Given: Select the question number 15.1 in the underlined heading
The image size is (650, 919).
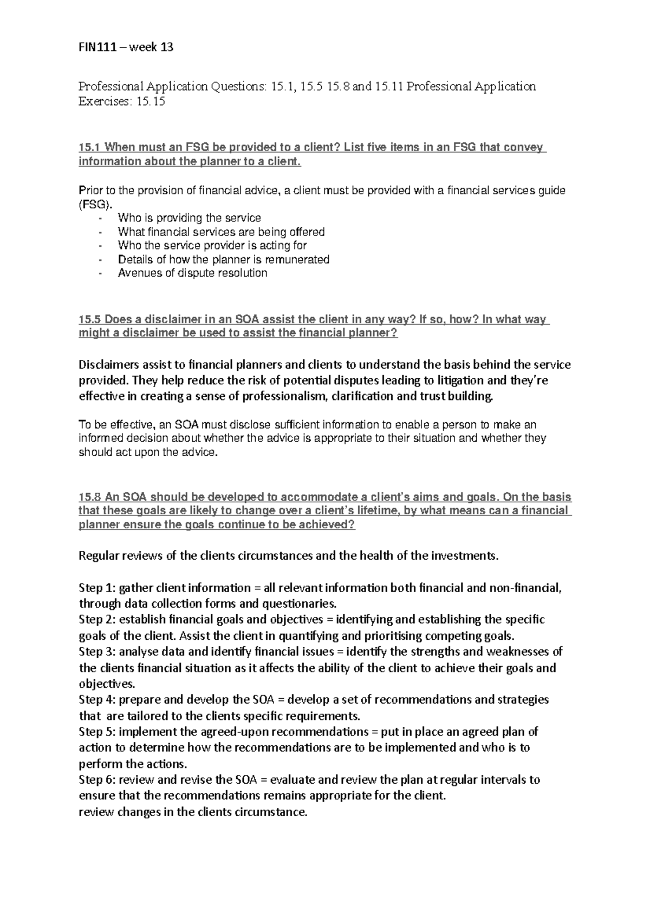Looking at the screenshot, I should click(x=90, y=147).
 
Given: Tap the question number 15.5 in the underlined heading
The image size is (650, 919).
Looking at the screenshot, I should click(x=90, y=319).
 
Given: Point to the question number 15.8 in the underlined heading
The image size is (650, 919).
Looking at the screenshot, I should click(x=90, y=497).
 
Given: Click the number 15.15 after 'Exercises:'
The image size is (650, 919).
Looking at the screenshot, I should click(x=151, y=102).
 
